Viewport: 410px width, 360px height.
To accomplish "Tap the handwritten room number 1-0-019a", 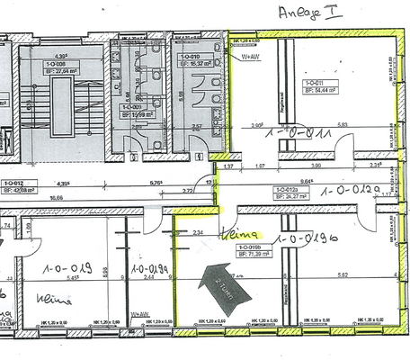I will point(152,268).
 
